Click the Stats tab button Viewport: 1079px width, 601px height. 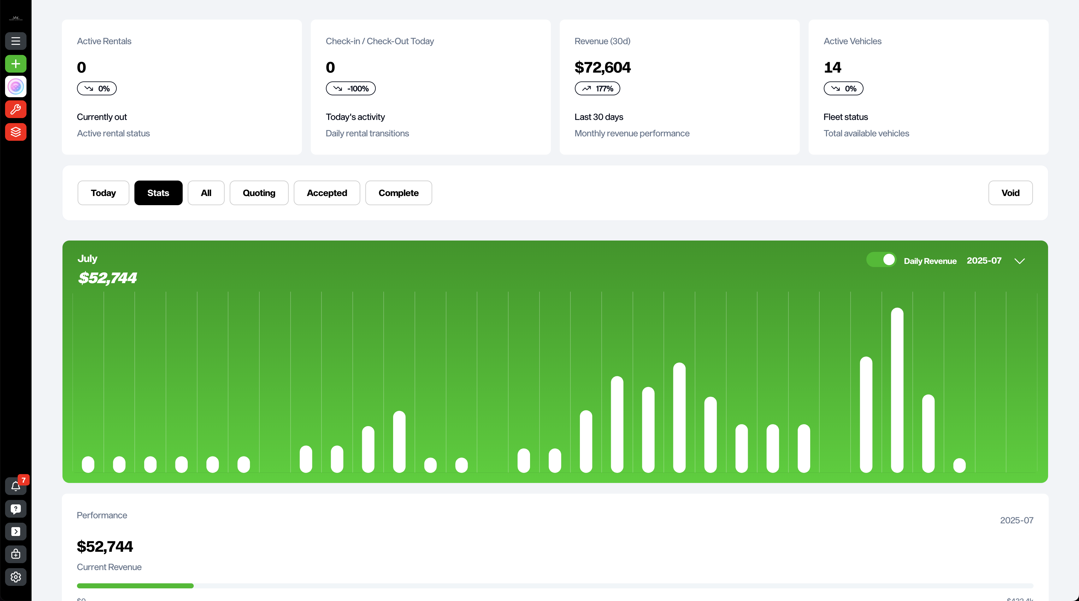pos(158,193)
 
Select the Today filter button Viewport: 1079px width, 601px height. pos(103,193)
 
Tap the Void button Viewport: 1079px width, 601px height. pos(1010,193)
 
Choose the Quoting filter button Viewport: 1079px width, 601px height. pos(259,193)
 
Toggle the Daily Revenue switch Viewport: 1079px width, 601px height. pos(881,260)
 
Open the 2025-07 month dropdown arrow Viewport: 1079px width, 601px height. pos(1019,261)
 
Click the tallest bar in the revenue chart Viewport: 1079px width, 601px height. pos(897,390)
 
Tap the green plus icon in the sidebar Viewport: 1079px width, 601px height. pos(15,64)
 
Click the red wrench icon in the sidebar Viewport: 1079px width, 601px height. pos(15,110)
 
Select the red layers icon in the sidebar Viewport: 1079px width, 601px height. pos(15,132)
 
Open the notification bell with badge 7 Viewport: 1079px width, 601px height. pos(15,486)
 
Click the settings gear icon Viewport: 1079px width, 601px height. pos(15,577)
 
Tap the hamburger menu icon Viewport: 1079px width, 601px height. pos(15,41)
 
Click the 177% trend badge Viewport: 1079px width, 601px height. pos(597,88)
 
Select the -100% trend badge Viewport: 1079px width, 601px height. pos(350,88)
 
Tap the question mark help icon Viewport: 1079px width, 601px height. pos(15,509)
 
